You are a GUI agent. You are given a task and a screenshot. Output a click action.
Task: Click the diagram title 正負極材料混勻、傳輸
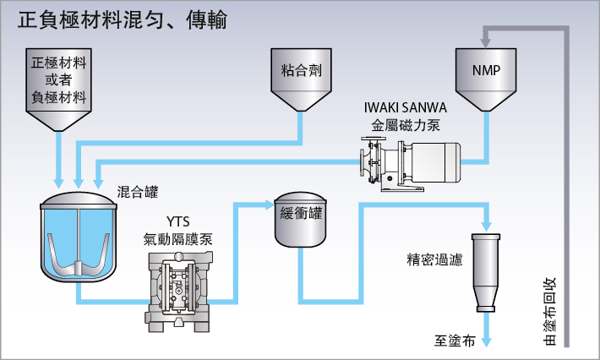(123, 20)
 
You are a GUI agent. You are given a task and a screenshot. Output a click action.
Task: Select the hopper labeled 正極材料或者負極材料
(58, 89)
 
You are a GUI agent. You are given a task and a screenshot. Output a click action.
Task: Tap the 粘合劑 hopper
(301, 79)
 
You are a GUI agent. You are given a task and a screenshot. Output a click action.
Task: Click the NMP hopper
(486, 79)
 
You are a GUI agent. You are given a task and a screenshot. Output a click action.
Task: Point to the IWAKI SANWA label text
(406, 107)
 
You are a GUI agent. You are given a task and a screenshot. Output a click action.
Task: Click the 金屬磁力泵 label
(406, 125)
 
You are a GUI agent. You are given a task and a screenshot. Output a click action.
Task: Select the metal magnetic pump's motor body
(436, 161)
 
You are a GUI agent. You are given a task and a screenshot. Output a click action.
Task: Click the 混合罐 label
(138, 192)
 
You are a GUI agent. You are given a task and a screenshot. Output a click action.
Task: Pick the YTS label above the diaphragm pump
(178, 221)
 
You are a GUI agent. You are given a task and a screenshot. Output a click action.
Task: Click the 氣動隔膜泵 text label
(178, 239)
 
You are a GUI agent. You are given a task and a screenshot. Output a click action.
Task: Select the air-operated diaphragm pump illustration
(178, 292)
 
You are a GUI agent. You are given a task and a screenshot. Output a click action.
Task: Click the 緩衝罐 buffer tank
(300, 219)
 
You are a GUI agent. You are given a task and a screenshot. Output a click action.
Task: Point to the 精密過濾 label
(434, 259)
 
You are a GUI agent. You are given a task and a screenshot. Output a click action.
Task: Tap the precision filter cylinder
(486, 273)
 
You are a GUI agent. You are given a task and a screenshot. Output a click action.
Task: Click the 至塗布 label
(455, 340)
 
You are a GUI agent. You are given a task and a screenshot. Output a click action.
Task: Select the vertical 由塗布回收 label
(549, 312)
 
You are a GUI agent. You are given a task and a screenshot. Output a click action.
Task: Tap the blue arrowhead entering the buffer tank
(270, 205)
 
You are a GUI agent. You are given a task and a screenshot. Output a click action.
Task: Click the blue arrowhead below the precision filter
(486, 341)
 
